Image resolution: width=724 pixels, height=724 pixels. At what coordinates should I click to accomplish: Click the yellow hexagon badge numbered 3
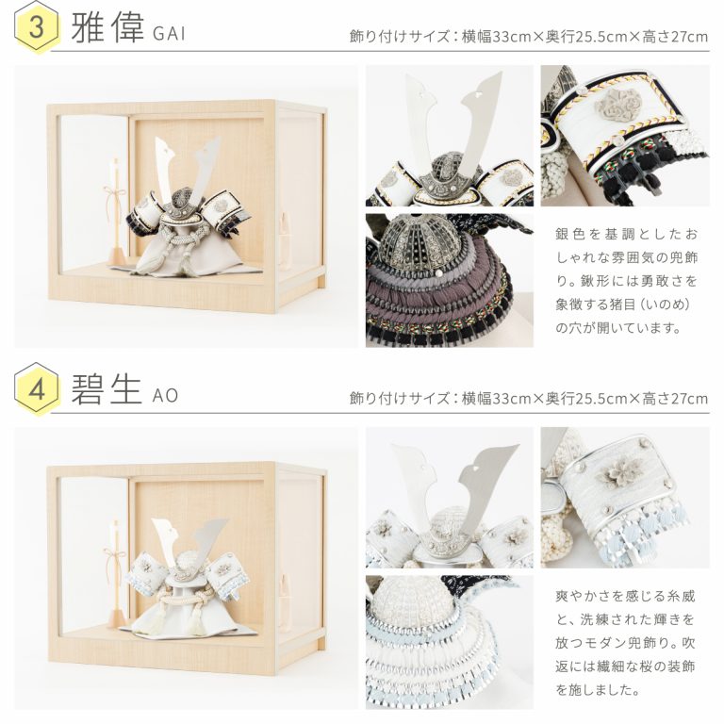tap(37, 26)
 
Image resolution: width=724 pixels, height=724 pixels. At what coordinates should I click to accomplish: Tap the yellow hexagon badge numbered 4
tap(37, 388)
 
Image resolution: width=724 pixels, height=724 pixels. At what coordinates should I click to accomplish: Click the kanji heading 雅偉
tap(107, 27)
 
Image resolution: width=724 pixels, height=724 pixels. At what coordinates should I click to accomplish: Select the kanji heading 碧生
tap(106, 389)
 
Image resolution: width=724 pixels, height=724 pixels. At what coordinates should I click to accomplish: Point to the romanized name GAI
tap(169, 34)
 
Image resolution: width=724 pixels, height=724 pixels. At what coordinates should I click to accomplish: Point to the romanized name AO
tap(165, 396)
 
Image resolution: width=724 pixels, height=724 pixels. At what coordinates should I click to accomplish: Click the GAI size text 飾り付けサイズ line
tap(529, 36)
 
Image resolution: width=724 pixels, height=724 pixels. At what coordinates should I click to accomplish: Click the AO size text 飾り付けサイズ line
tap(529, 398)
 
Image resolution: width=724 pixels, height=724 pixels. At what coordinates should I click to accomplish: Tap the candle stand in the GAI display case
tap(116, 212)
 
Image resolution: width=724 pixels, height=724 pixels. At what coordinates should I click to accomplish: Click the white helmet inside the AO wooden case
tap(187, 577)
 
